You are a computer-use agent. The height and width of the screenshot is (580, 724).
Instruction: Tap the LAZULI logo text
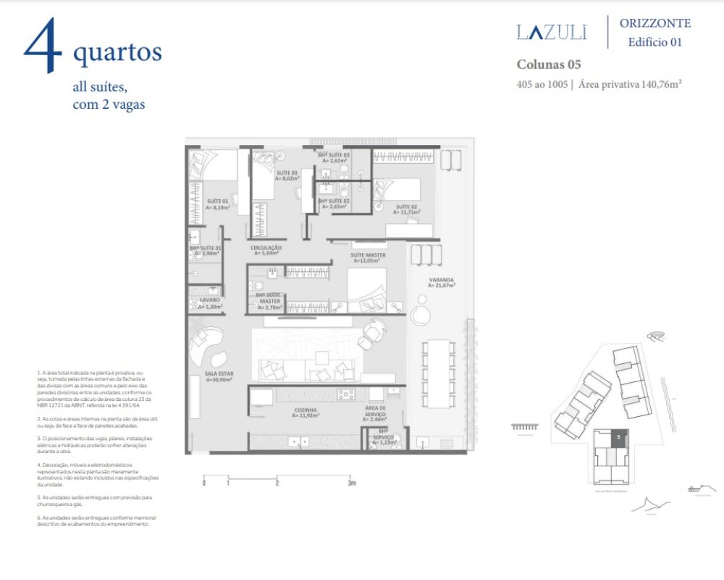point(552,32)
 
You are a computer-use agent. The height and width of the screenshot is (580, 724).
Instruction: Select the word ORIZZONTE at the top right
point(654,23)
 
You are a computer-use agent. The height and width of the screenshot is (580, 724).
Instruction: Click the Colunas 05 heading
point(548,65)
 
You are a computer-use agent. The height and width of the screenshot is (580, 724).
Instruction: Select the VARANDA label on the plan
point(440,281)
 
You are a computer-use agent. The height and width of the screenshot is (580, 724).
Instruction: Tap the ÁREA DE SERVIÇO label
point(374,411)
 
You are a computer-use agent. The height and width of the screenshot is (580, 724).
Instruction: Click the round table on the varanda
point(420,315)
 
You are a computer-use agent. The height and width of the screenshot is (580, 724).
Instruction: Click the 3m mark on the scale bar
point(351,483)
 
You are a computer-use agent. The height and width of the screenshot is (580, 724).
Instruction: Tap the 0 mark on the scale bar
point(203,483)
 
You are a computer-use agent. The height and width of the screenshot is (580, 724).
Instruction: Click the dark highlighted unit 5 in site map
point(618,437)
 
